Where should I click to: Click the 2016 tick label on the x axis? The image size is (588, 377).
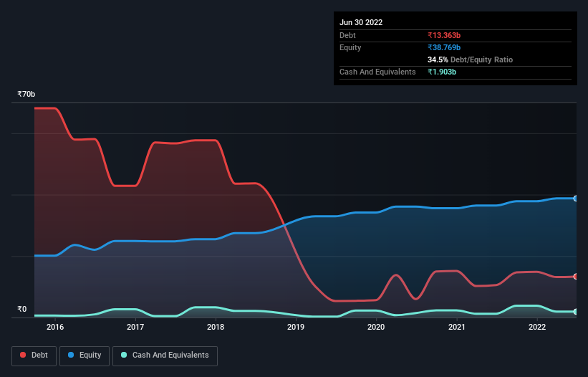55,327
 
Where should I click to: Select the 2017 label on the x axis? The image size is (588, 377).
135,327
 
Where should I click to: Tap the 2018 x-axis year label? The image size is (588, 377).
216,327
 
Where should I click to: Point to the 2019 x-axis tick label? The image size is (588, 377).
296,327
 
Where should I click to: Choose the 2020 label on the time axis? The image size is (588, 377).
376,327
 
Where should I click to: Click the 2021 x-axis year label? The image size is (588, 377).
456,327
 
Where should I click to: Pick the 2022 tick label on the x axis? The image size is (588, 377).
536,327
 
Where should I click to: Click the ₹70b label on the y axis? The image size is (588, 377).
26,95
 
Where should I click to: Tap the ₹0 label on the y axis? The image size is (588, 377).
21,310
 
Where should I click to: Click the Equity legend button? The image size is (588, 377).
84,355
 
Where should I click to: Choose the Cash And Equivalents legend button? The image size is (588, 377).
165,355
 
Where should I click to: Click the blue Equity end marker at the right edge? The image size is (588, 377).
576,199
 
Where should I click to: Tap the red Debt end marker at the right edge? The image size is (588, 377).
576,277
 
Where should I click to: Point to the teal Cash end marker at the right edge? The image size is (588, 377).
576,312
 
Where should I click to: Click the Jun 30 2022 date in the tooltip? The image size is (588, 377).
361,22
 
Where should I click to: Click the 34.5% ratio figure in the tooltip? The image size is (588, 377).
438,59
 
